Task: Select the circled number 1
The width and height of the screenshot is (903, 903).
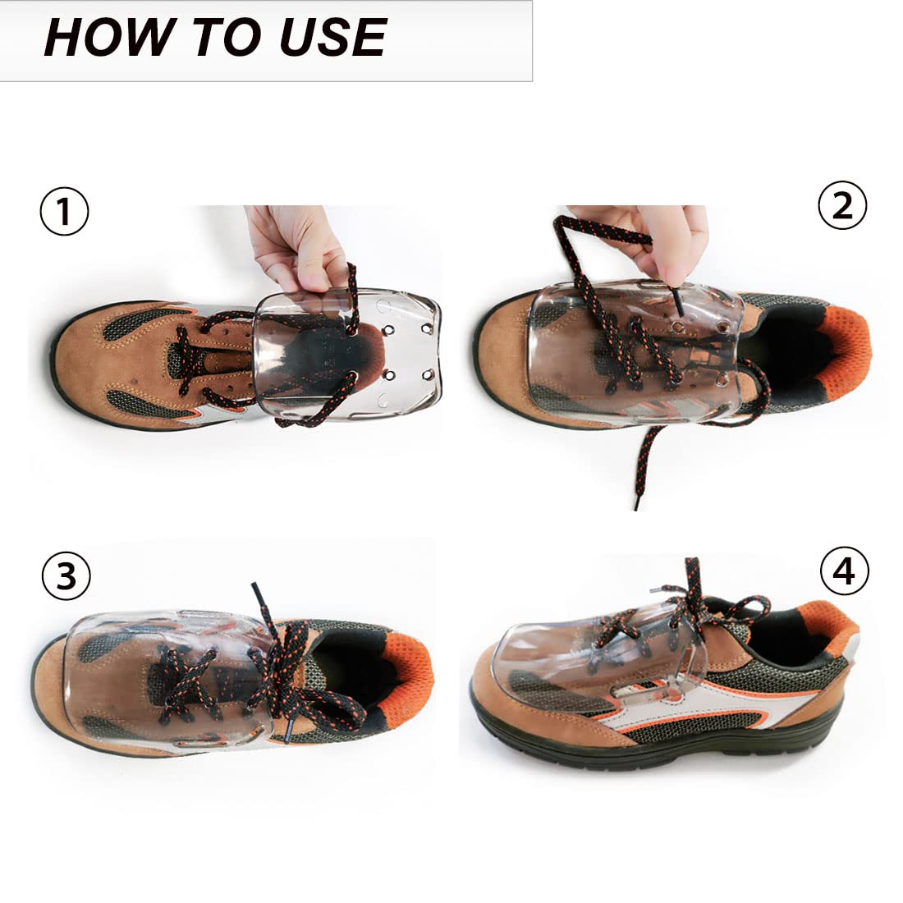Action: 65,211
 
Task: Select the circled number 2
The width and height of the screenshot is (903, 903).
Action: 842,205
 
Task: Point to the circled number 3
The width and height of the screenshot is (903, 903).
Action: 66,575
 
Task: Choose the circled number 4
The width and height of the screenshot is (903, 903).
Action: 844,571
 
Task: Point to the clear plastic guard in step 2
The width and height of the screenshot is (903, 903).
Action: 634,351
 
